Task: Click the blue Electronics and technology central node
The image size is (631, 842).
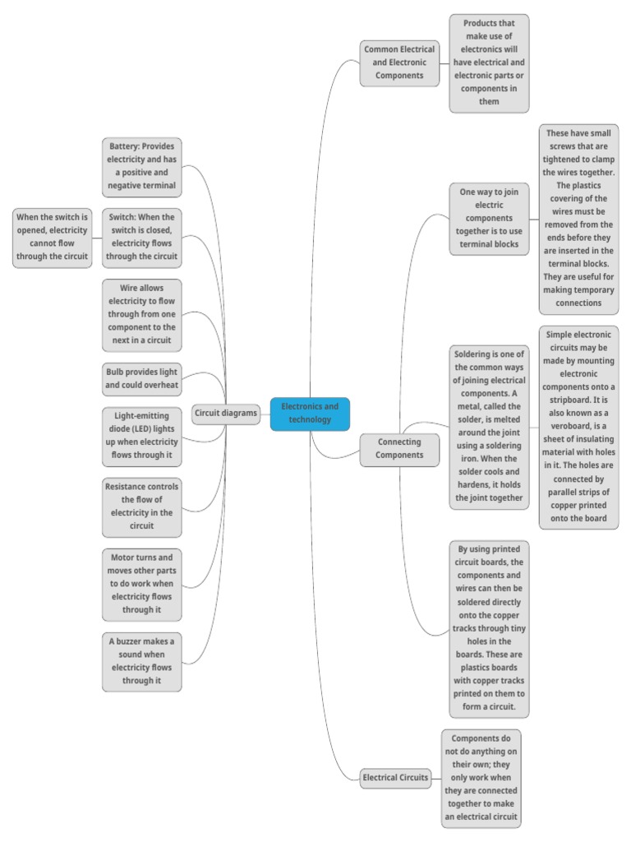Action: click(310, 414)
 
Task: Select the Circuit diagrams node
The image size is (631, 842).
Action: click(226, 414)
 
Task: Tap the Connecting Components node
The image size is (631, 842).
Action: click(399, 448)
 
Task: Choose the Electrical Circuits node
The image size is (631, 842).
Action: click(396, 777)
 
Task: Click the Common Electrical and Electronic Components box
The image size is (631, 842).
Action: click(398, 62)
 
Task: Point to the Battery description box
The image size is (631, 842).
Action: click(142, 166)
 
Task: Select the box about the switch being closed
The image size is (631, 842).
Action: click(142, 237)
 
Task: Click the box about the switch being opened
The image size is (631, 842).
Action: click(52, 237)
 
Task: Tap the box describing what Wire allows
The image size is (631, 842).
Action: click(142, 315)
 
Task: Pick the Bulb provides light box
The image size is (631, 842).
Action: click(142, 377)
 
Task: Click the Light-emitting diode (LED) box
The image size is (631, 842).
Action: click(142, 437)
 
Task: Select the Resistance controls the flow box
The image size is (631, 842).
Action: click(142, 506)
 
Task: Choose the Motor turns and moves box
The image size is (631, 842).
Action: click(142, 584)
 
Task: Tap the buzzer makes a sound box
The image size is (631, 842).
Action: click(142, 661)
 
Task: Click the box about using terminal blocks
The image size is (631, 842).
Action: click(489, 219)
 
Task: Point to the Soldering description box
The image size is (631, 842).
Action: click(489, 426)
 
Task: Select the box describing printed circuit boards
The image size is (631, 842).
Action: click(489, 628)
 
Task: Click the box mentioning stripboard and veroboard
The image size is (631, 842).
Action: click(578, 427)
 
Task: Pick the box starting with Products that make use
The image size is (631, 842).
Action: click(489, 62)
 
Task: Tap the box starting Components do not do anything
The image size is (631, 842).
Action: click(481, 777)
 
